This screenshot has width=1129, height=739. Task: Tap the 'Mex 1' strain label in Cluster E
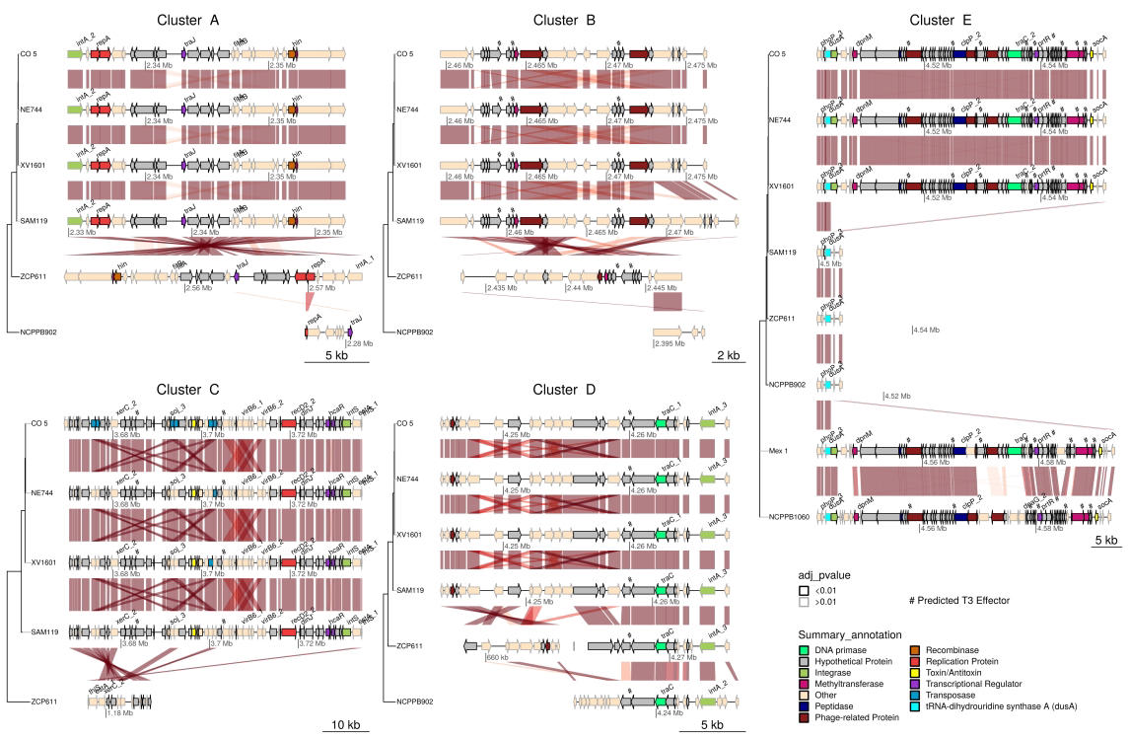pyautogui.click(x=781, y=450)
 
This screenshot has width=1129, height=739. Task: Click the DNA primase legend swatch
pyautogui.click(x=805, y=646)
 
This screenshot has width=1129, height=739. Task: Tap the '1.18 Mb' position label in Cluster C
pyautogui.click(x=121, y=711)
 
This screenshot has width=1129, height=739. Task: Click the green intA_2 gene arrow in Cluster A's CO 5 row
pyautogui.click(x=75, y=56)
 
